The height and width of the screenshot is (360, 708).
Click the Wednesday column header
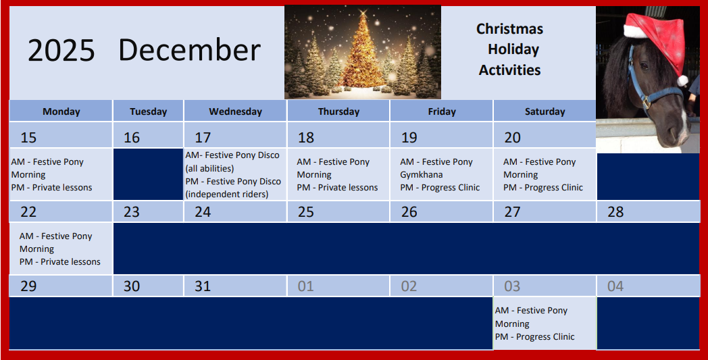pos(235,111)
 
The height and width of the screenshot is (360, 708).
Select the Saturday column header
pos(545,111)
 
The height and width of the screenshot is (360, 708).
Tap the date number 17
pos(203,137)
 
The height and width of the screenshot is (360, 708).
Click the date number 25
pos(305,212)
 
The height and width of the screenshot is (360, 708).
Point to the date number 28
pos(615,212)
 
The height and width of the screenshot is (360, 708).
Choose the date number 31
pos(203,286)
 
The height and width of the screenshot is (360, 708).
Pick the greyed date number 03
pos(512,286)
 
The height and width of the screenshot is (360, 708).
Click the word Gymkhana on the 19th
pos(422,175)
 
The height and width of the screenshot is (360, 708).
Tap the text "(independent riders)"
pos(227,195)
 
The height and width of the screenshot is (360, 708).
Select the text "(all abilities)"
pos(209,168)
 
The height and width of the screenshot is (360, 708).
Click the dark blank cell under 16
pos(148,174)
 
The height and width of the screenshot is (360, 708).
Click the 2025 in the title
pos(61,50)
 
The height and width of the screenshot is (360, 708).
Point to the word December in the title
pos(189,50)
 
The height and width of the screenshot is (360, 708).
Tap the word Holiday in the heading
pos(513,49)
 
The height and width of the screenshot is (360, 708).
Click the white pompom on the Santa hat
pos(682,81)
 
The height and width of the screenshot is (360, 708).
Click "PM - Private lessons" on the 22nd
pos(59,261)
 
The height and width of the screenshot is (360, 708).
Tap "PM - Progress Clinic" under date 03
pos(534,336)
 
